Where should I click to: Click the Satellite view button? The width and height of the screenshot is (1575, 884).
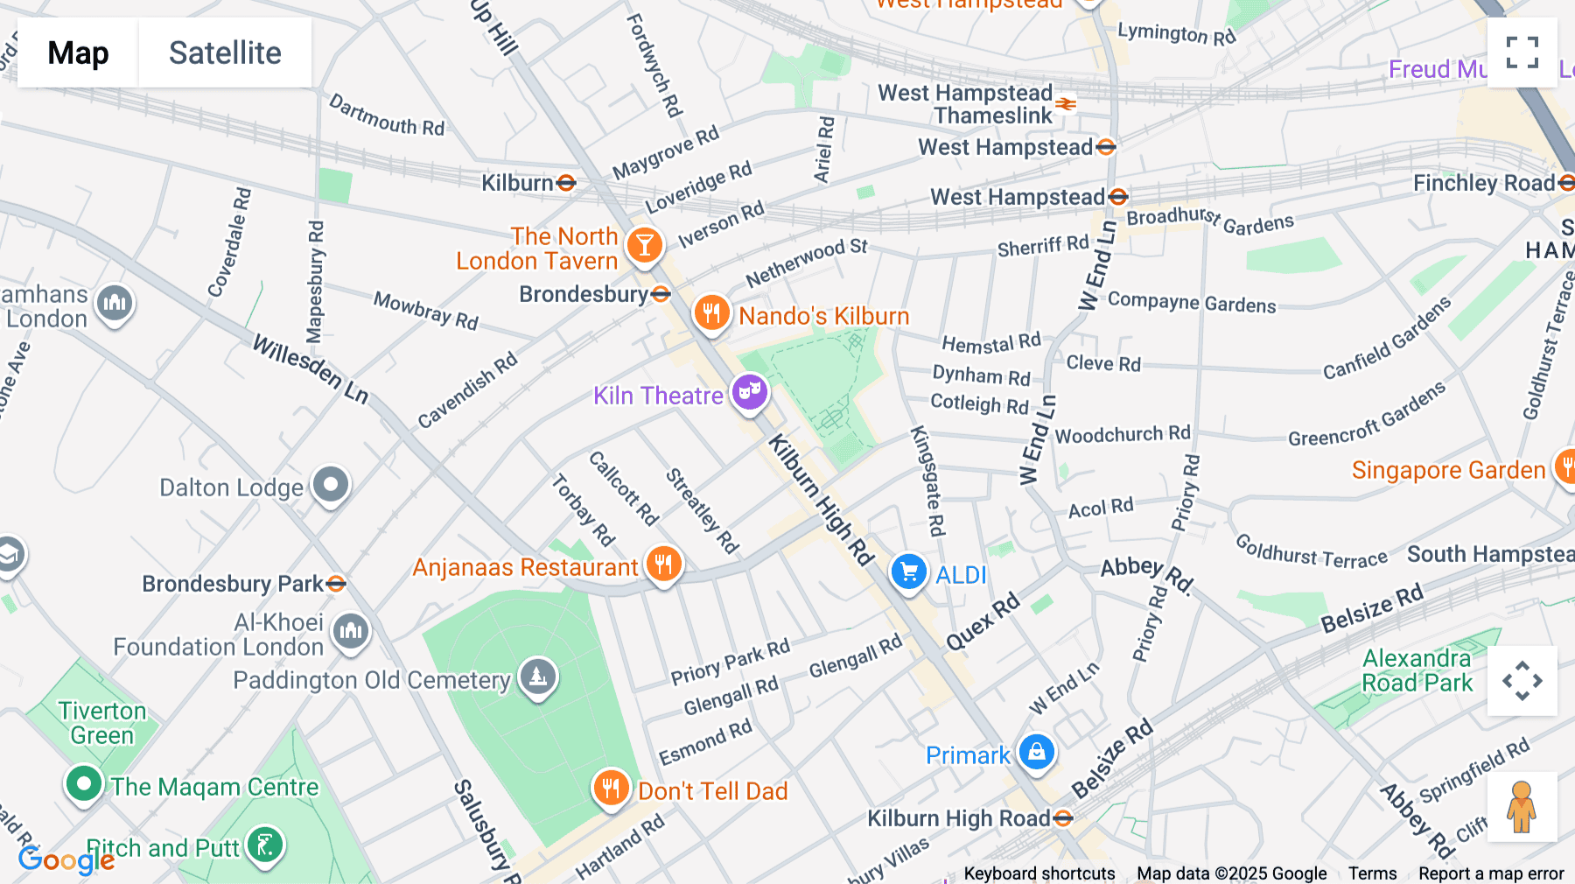coord(225,53)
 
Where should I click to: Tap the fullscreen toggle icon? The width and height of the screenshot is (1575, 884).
coord(1522,53)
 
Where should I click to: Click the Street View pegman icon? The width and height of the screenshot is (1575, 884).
coord(1522,806)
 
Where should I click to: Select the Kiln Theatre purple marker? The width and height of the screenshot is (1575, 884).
coord(750,392)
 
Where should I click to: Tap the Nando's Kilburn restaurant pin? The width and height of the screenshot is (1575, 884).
coord(711,312)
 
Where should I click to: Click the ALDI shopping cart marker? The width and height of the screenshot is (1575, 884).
coord(909,572)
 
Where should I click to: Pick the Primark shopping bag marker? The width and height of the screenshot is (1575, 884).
coord(1037,752)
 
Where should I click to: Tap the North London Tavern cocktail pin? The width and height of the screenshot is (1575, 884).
coord(645,246)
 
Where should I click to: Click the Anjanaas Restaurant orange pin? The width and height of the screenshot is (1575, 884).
coord(664,565)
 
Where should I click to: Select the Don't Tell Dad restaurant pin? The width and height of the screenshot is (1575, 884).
coord(611,788)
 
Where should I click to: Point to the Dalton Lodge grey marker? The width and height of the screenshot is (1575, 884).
coord(331,484)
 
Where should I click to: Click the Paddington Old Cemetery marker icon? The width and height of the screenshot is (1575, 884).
coord(538,677)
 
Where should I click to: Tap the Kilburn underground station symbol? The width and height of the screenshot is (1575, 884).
coord(566,183)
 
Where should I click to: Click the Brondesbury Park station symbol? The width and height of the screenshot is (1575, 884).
coord(336,584)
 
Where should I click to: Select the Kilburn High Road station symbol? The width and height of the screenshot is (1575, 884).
coord(1063,818)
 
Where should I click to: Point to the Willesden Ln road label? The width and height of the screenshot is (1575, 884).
coord(311,368)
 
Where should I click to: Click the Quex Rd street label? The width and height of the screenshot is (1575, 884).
coord(983,621)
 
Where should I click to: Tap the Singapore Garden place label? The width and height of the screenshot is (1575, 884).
coord(1448,470)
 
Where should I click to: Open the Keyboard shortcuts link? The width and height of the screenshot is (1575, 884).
coord(1039,873)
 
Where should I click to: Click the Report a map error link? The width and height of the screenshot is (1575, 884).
coord(1491,873)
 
